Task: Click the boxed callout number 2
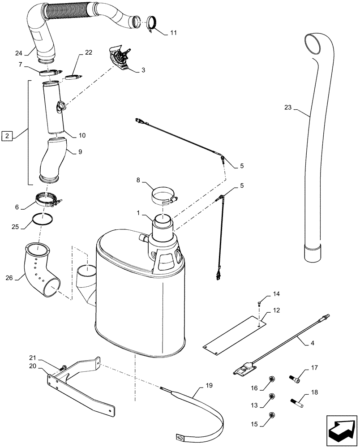coord(7,135)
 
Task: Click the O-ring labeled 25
coord(43,220)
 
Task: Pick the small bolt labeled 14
coord(260,304)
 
